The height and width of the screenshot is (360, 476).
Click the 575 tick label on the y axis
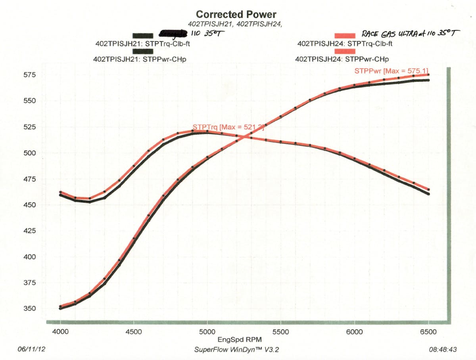click(29, 75)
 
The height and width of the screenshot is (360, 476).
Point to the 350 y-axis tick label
click(29, 309)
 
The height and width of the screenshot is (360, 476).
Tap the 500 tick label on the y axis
click(29, 153)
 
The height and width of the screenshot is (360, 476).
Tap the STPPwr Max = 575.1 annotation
click(391, 71)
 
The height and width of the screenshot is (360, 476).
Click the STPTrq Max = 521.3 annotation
click(228, 127)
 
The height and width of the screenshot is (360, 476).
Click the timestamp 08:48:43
click(443, 349)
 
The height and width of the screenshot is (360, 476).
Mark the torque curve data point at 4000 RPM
click(60, 192)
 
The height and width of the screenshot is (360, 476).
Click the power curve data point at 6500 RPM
click(428, 75)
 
